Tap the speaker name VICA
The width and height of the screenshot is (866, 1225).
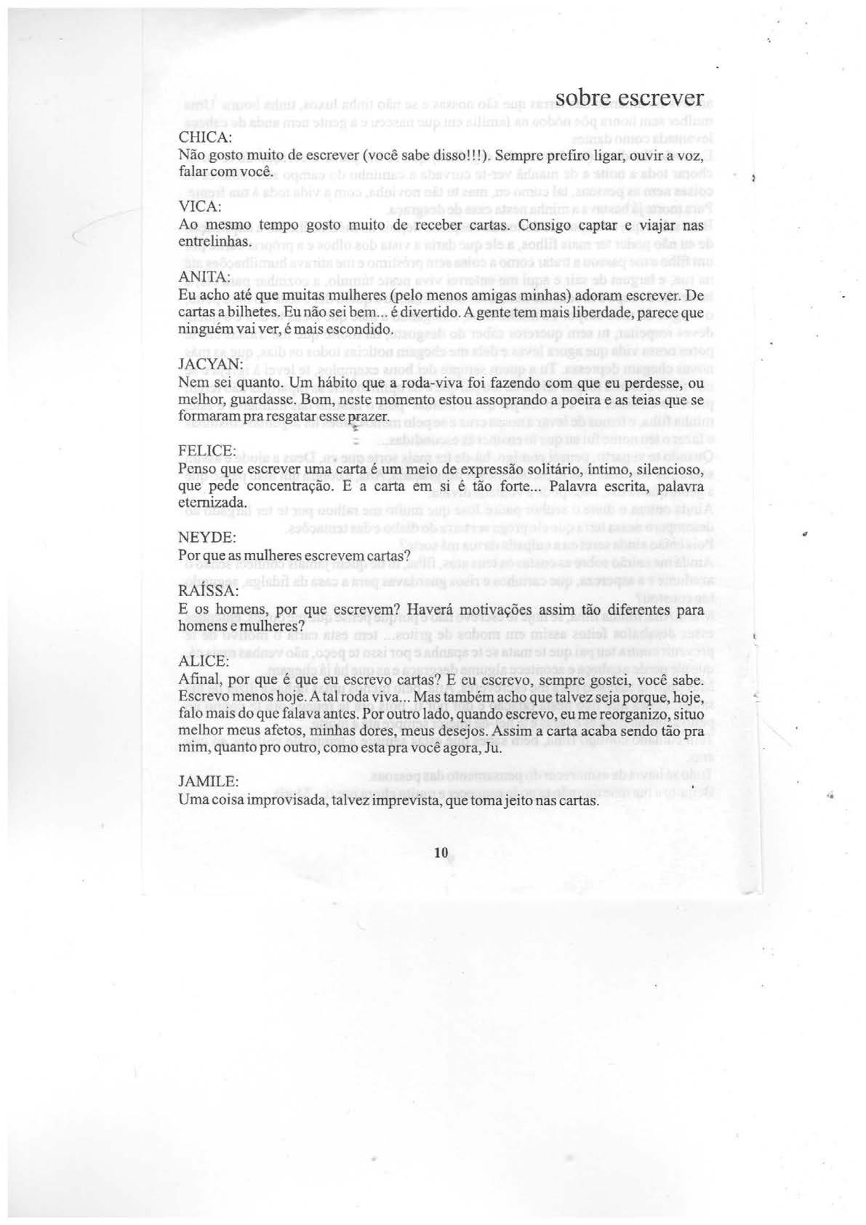[x=200, y=207]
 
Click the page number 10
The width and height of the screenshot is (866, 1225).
[x=439, y=854]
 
